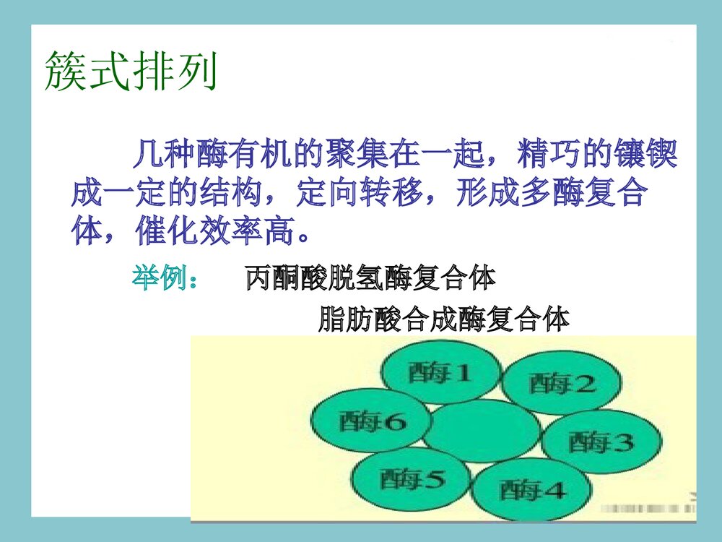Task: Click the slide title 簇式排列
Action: click(131, 71)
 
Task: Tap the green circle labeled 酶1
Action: click(440, 373)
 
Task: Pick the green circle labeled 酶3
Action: click(601, 441)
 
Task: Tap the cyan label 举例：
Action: click(165, 278)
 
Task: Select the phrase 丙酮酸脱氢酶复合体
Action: click(370, 278)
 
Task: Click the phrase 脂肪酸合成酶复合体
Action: click(443, 319)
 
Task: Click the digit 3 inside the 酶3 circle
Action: click(623, 441)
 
